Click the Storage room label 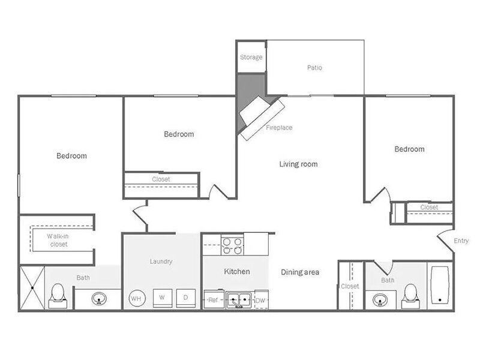(251, 57)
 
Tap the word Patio (314, 67)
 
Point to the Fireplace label (279, 127)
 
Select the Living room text (298, 164)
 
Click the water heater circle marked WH (136, 298)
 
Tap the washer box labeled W (162, 298)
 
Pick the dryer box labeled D (186, 298)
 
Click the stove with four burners (232, 246)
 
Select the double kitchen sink (239, 299)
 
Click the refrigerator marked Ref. (214, 299)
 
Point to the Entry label (461, 241)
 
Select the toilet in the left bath (58, 296)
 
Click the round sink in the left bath (99, 298)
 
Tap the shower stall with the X (32, 288)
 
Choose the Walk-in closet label (58, 241)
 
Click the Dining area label (300, 272)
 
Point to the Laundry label (161, 262)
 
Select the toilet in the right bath (410, 296)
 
